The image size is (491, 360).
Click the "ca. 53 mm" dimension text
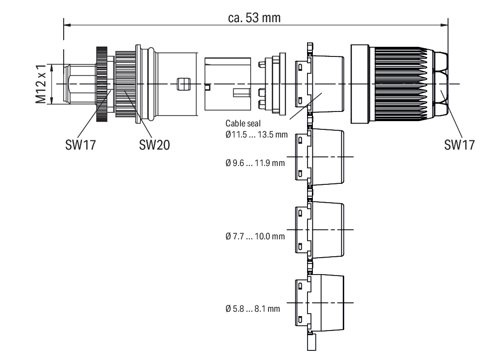(254, 18)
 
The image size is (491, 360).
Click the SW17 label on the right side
(459, 145)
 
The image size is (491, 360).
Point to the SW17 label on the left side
(81, 145)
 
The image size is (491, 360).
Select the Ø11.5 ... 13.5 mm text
(253, 135)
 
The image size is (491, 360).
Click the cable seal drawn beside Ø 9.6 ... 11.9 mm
(321, 157)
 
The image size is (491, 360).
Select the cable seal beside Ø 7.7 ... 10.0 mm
(321, 230)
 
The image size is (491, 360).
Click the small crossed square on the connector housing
(182, 84)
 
